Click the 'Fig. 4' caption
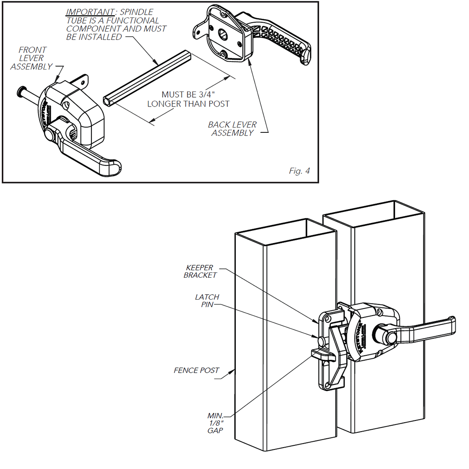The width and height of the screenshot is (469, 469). pos(299,171)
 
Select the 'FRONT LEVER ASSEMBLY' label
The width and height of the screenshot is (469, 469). pos(32,58)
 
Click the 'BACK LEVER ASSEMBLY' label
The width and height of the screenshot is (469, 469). pos(232,129)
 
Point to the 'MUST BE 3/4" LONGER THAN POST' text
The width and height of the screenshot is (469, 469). pos(188,99)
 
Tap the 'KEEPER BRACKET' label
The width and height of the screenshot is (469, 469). pos(201,272)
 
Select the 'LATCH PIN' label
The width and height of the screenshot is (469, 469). pos(207,300)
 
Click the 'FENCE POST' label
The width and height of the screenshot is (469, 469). pos(197,370)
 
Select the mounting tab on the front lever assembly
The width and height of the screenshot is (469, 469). pos(82,82)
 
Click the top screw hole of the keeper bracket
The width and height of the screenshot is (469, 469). pos(328,320)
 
